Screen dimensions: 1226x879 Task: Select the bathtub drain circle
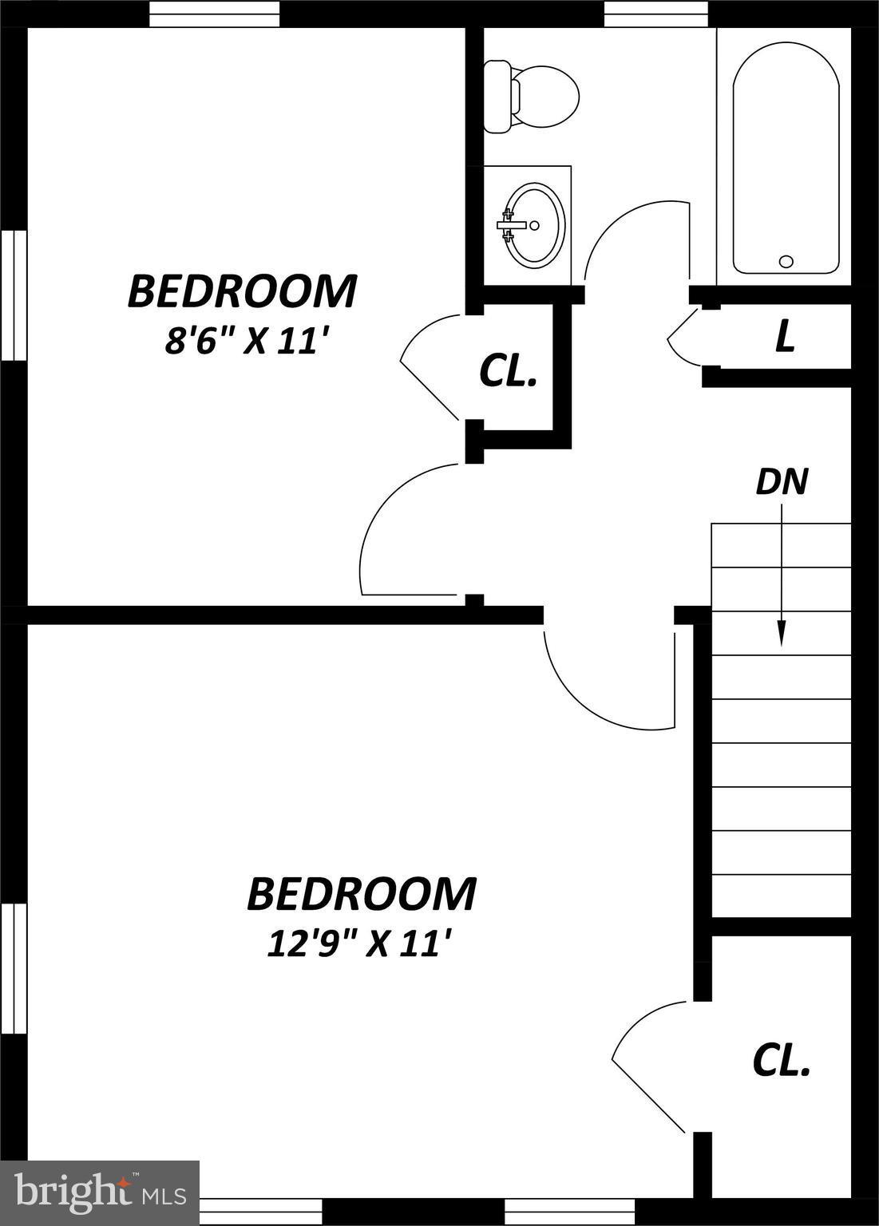tap(786, 261)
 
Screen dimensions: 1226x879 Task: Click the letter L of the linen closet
tap(786, 338)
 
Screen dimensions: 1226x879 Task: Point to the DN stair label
tap(782, 481)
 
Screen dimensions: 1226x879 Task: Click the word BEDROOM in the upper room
tap(242, 291)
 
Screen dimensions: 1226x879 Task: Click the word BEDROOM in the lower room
tap(361, 894)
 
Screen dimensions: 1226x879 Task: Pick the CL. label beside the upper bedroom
tap(507, 371)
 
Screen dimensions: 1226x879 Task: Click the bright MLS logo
tap(99, 1192)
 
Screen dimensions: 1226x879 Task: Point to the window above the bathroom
tap(655, 14)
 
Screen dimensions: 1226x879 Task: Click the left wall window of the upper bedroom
tap(14, 295)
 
